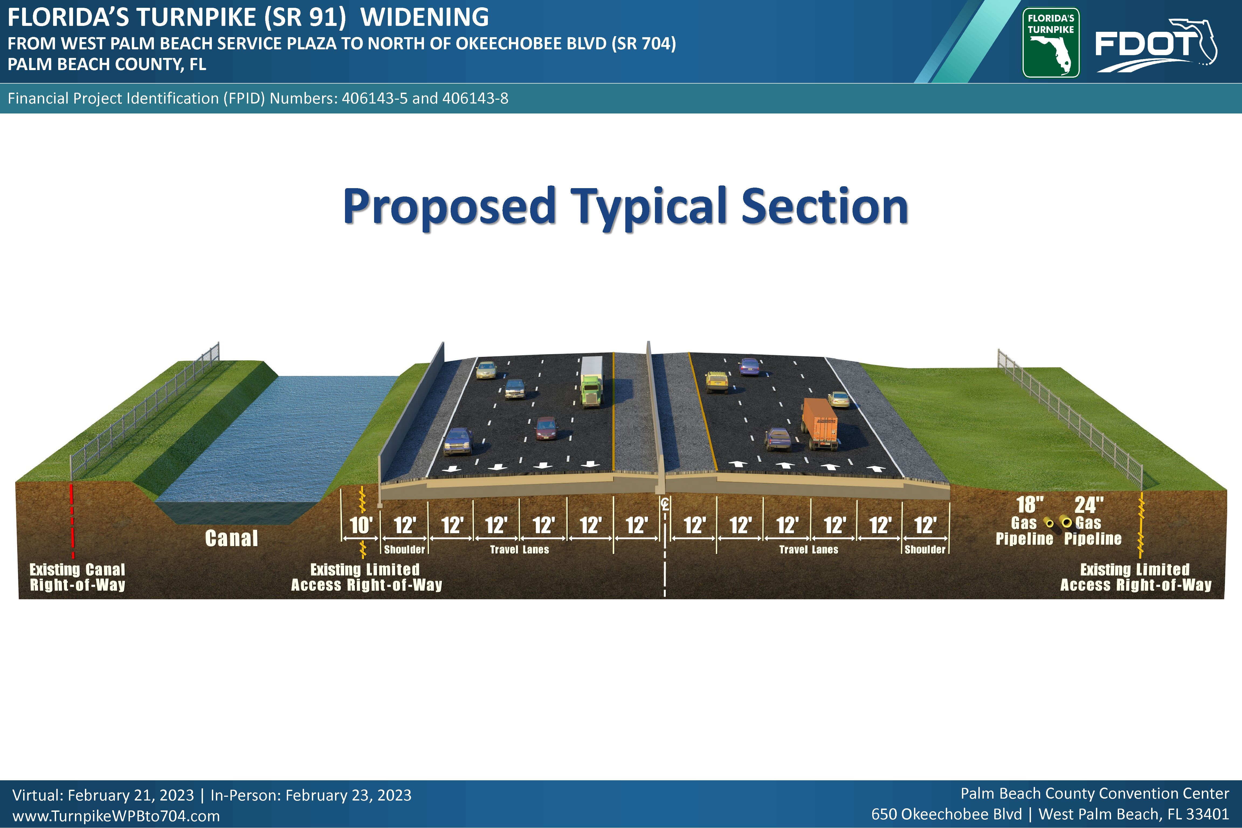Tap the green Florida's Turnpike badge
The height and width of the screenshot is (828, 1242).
(x=1051, y=43)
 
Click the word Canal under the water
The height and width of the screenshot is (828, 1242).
(x=231, y=538)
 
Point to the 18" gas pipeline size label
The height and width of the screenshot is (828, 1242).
(x=1030, y=505)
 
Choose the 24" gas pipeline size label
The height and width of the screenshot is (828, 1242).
(x=1089, y=505)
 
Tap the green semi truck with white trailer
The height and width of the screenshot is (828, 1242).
(x=591, y=382)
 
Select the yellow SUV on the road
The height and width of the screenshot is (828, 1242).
(x=717, y=382)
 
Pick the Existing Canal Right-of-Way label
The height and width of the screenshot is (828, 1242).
(x=78, y=577)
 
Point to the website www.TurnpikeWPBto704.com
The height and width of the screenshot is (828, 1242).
(x=116, y=816)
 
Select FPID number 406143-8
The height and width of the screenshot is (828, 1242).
(x=475, y=98)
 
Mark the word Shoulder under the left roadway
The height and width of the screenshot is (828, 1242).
(x=405, y=550)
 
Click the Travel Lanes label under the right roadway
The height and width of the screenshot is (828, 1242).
(x=809, y=550)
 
